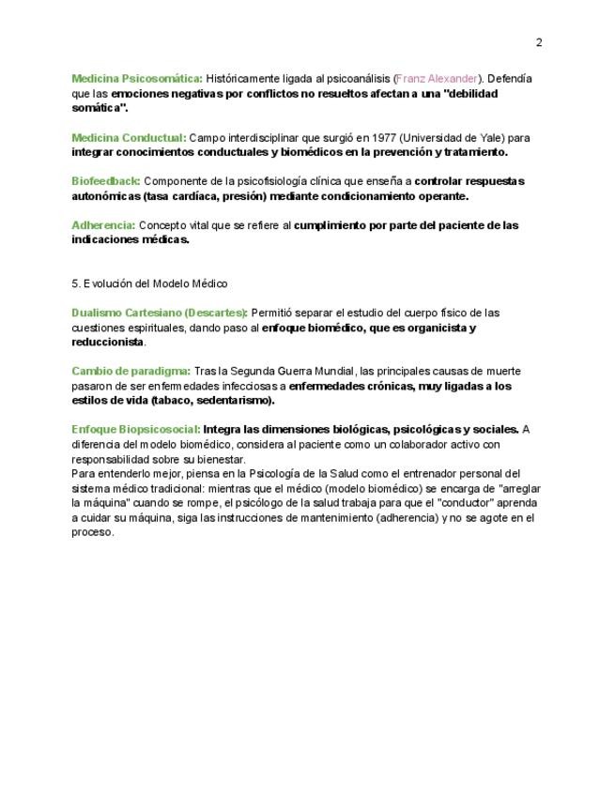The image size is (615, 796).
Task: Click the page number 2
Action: [x=539, y=42]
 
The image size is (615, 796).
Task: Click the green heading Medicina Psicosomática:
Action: [x=137, y=79]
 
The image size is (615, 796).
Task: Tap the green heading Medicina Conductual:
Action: [x=129, y=137]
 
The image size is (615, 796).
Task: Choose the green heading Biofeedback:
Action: [x=106, y=180]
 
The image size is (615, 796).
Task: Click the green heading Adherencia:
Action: [x=103, y=225]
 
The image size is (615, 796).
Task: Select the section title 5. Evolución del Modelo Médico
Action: [x=149, y=283]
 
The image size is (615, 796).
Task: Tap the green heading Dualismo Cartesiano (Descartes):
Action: [x=161, y=313]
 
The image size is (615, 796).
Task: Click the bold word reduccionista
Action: [x=108, y=343]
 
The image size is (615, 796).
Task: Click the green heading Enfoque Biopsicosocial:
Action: [x=136, y=430]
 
